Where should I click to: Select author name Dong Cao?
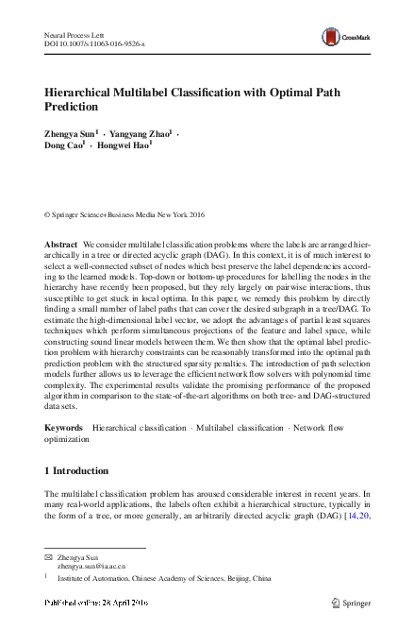coord(64,149)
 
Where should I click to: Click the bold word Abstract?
coord(61,245)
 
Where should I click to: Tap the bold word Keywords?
coord(64,428)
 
